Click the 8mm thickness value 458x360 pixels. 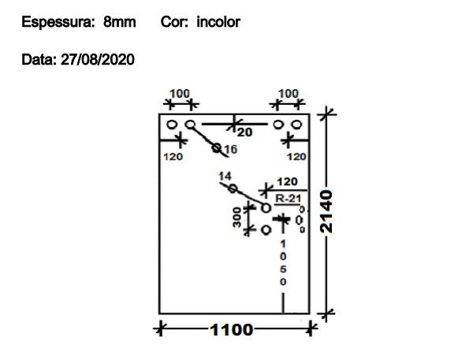point(120,22)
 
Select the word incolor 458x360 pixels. point(218,22)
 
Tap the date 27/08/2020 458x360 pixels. point(98,59)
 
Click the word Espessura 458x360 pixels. point(58,22)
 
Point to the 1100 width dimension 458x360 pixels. point(231,330)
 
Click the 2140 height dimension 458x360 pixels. point(326,211)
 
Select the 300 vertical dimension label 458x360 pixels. point(237,217)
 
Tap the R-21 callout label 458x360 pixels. point(289,199)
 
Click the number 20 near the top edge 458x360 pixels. point(244,132)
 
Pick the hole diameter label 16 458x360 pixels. point(231,150)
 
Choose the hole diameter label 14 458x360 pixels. point(225,176)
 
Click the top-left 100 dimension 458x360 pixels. point(180,94)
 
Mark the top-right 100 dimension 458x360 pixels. point(289,94)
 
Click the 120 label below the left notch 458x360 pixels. point(173,157)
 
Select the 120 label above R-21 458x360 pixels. point(287,182)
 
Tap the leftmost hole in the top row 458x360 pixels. point(172,124)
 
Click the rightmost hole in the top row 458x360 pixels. point(296,124)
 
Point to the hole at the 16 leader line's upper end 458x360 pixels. point(190,124)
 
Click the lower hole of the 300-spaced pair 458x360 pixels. point(266,230)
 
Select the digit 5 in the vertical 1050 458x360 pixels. point(283,269)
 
